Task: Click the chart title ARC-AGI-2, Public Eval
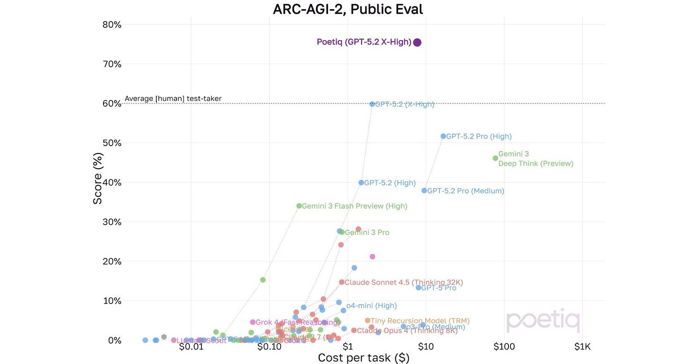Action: [348, 9]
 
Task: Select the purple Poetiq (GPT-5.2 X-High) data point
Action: [417, 42]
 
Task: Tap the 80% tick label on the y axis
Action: [112, 25]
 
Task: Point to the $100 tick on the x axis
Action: [504, 347]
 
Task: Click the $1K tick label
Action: [582, 347]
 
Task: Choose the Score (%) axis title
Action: [98, 178]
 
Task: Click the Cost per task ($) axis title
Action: [363, 358]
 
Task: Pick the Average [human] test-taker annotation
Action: [173, 98]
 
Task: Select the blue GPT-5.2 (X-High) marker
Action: [372, 104]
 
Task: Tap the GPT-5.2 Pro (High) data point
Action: [443, 136]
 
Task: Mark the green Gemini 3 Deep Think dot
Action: [495, 158]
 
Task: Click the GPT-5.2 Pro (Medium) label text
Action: [465, 191]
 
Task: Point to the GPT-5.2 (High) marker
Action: [361, 182]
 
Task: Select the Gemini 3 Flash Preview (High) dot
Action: [299, 206]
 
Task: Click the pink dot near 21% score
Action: [372, 257]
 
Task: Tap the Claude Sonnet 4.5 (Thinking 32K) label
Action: [404, 283]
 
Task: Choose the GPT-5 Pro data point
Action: [418, 287]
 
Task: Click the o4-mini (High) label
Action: [371, 306]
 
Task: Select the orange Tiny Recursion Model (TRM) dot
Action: [367, 321]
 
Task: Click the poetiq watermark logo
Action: [543, 321]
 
